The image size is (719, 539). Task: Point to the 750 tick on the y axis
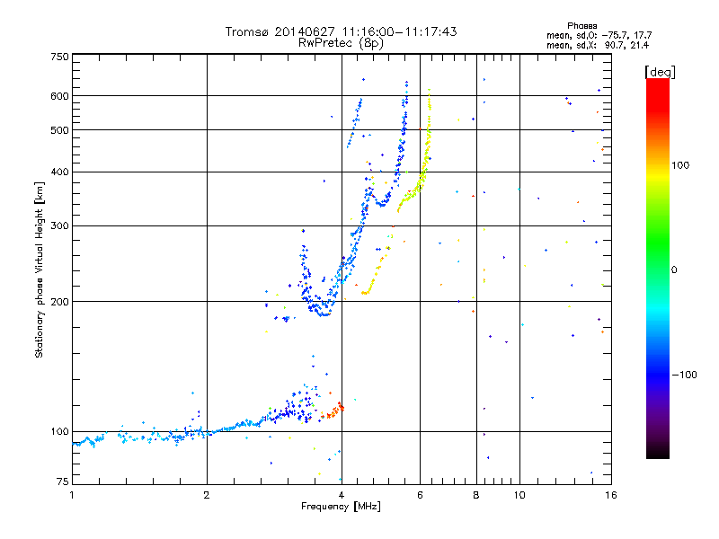[x=60, y=57]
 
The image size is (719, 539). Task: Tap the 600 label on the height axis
[x=60, y=96]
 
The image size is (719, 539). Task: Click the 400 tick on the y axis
[x=60, y=172]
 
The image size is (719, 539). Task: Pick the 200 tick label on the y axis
[x=60, y=301]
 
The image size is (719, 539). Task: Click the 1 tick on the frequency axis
[x=73, y=494]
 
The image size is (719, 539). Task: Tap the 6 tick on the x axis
[x=420, y=494]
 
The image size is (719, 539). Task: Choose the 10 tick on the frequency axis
[x=519, y=494]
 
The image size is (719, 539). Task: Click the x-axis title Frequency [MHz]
[x=341, y=507]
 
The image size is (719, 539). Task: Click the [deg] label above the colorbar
[x=660, y=71]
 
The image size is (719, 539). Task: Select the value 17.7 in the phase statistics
[x=640, y=35]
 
